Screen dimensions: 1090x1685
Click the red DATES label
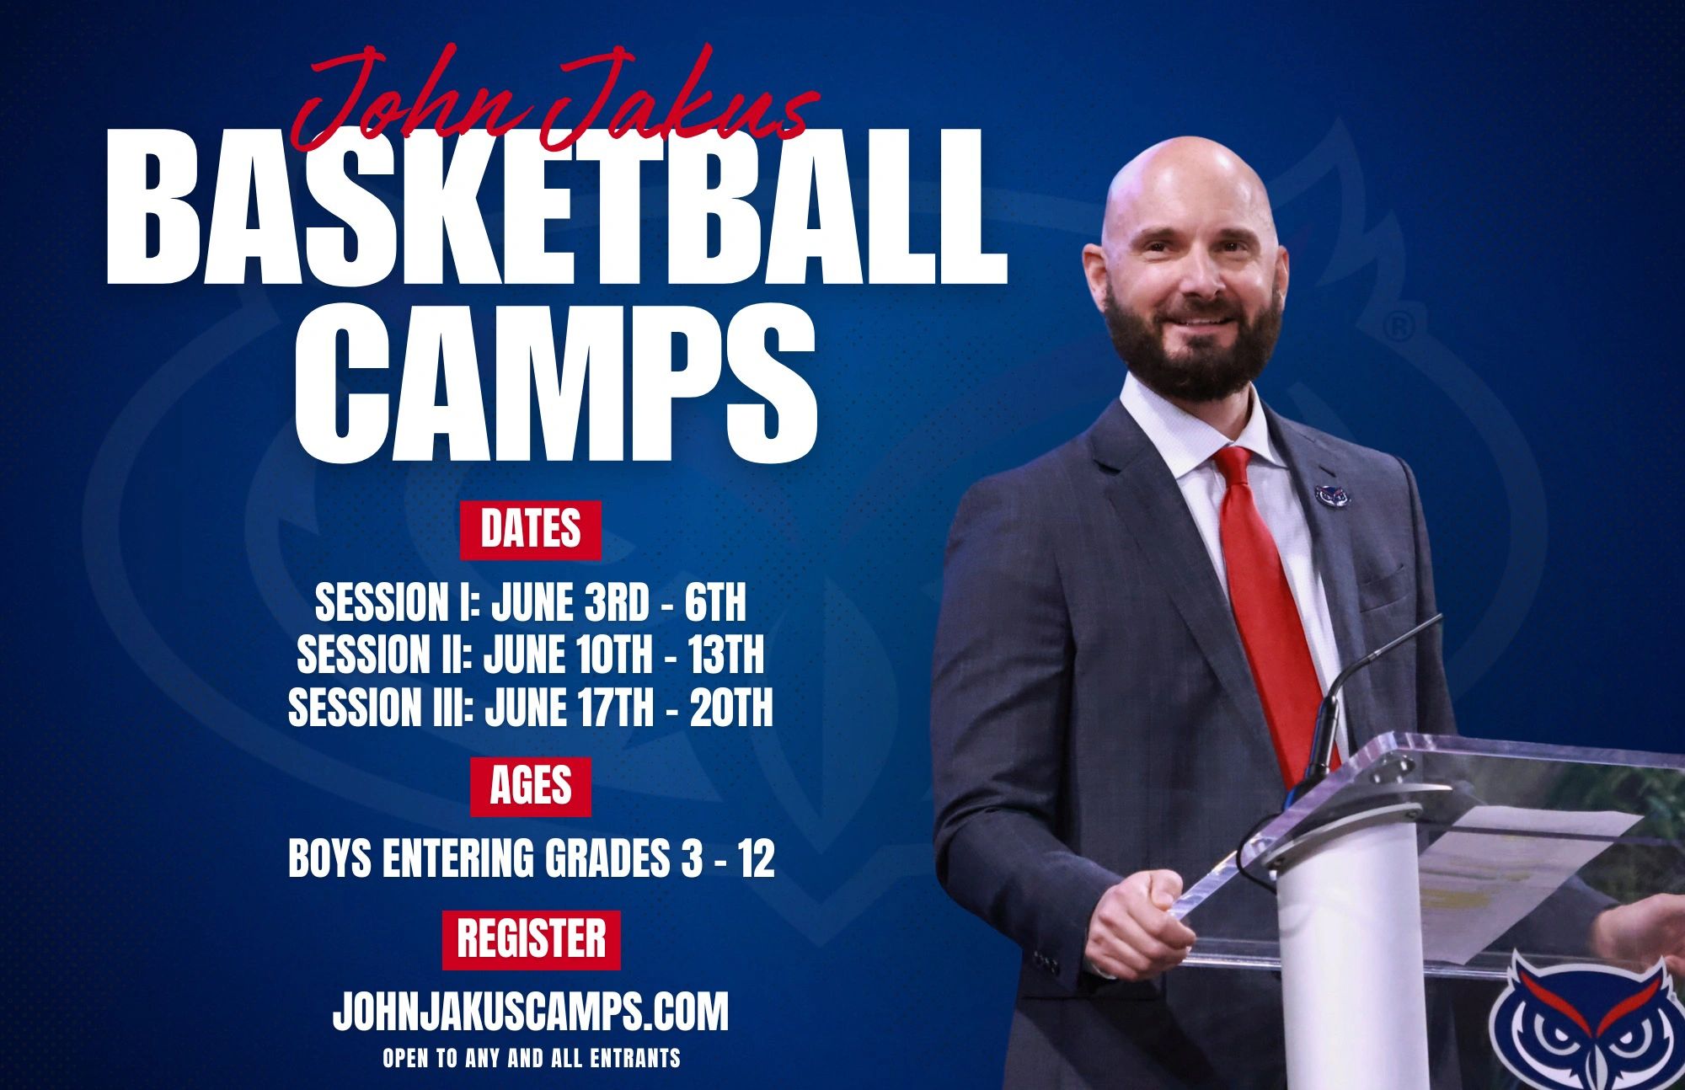click(x=531, y=529)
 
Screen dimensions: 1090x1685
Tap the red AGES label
click(x=531, y=786)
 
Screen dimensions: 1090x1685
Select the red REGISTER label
click(x=531, y=939)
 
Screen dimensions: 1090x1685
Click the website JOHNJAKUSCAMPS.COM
click(x=531, y=1011)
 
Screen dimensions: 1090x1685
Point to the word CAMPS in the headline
click(x=556, y=383)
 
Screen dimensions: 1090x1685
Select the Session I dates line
click(x=531, y=601)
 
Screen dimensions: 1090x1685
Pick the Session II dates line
click(x=531, y=655)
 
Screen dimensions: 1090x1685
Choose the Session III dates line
click(x=531, y=708)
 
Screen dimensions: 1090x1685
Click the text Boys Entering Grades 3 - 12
click(x=531, y=859)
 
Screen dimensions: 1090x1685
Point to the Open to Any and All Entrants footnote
click(x=531, y=1058)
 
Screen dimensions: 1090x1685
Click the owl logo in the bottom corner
click(x=1584, y=1023)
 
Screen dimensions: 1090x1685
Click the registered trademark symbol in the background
click(x=1399, y=326)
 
